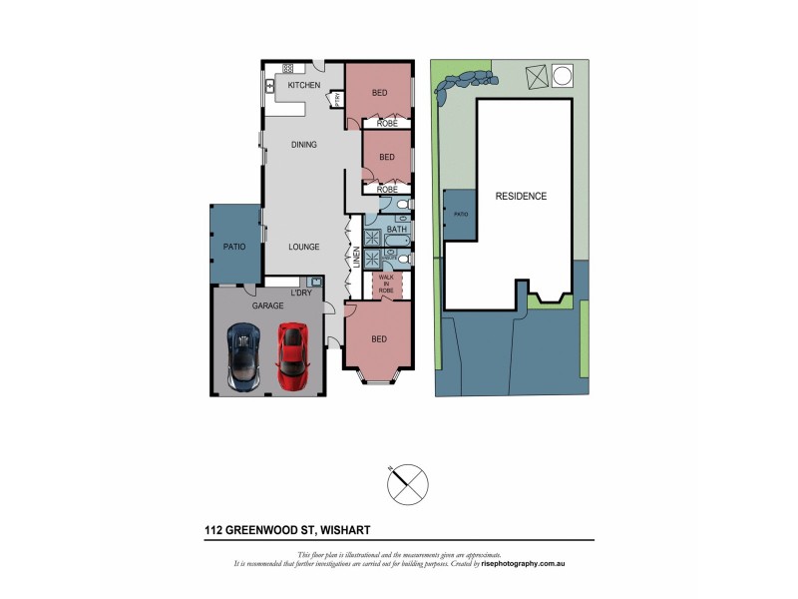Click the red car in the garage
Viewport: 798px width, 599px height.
[292, 356]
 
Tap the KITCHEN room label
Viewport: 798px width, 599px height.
[304, 87]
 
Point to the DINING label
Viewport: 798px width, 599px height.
[303, 145]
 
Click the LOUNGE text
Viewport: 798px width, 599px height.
[303, 246]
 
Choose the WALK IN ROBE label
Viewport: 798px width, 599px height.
[385, 285]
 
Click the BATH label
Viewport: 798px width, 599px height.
[397, 230]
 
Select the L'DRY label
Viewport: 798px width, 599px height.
[300, 293]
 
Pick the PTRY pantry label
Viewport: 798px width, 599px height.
[338, 98]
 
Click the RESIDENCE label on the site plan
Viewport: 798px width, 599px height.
[521, 196]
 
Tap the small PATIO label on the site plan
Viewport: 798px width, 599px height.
[461, 215]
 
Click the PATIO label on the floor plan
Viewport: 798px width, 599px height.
[233, 246]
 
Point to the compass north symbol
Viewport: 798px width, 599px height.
[407, 484]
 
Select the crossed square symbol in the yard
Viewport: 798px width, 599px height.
[535, 76]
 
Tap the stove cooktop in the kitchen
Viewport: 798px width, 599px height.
[287, 69]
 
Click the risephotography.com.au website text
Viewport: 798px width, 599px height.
[524, 564]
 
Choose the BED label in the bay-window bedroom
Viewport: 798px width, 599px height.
[379, 339]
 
